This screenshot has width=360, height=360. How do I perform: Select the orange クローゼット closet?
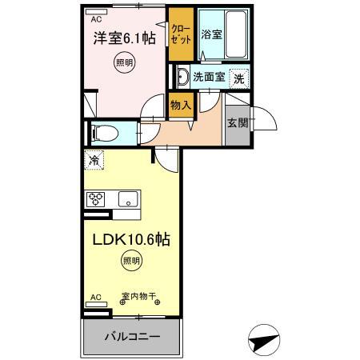(180, 34)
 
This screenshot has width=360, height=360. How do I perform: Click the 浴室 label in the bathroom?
(211, 34)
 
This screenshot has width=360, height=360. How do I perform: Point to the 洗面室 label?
(210, 78)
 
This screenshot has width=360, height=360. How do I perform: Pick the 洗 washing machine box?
(238, 78)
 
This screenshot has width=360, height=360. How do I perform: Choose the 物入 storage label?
(181, 104)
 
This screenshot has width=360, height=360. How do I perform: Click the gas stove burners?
(97, 199)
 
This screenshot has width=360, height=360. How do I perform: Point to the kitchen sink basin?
(127, 199)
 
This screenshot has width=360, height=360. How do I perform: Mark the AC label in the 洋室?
(96, 18)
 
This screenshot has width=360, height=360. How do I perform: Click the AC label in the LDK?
(96, 297)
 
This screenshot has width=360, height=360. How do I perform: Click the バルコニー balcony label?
(132, 336)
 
